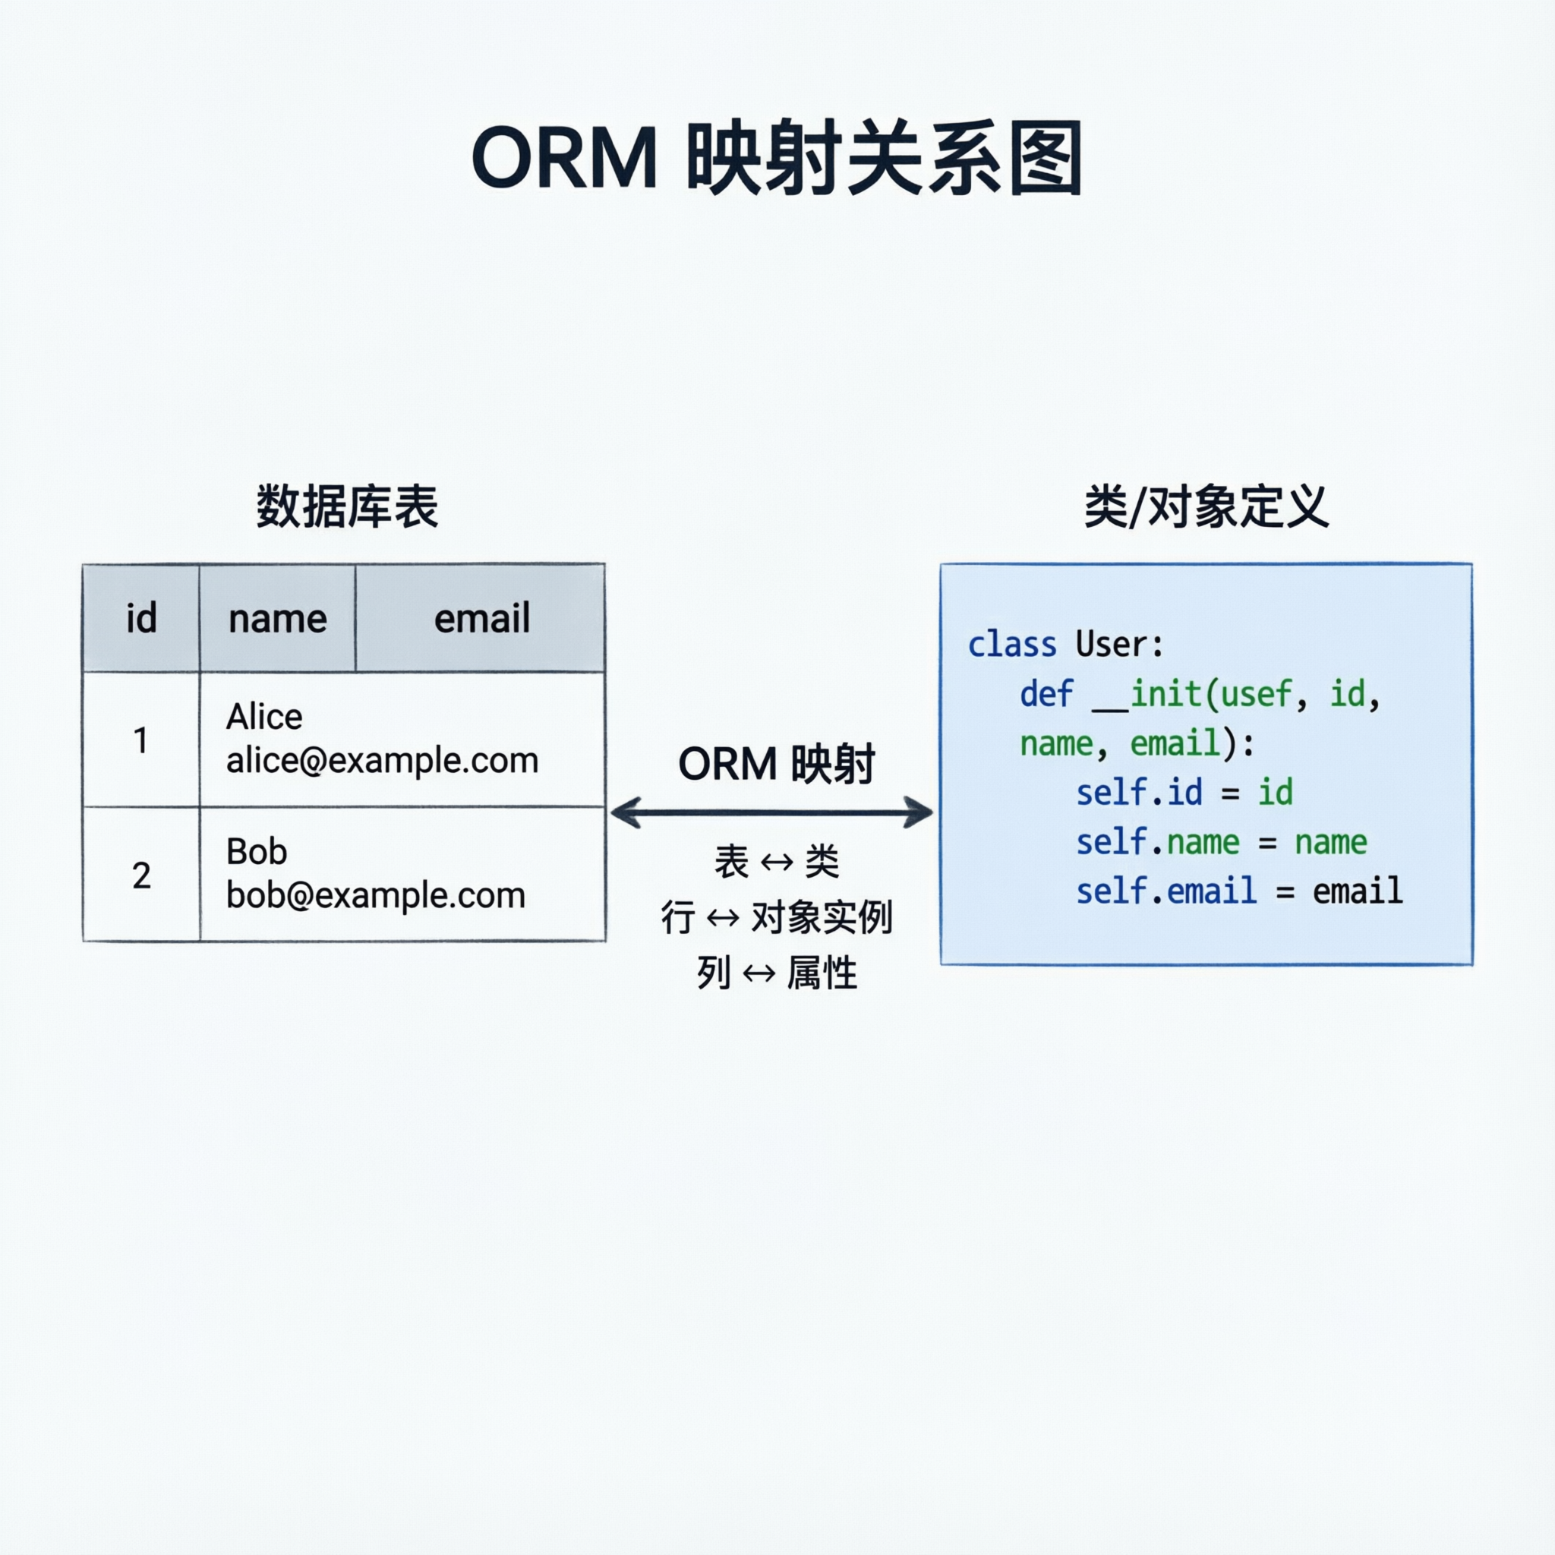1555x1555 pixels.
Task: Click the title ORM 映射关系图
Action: (777, 159)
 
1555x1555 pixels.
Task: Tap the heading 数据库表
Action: (347, 507)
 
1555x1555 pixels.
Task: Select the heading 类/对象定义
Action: (1206, 507)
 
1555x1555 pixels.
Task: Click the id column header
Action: (141, 618)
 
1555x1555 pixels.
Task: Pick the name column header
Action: (278, 619)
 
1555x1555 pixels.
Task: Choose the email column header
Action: (481, 619)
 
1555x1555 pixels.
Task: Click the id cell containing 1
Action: (141, 740)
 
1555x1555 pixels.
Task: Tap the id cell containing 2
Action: (141, 875)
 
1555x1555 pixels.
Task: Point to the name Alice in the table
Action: (264, 716)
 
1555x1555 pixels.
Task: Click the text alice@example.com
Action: (381, 761)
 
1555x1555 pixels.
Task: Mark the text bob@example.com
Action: (375, 896)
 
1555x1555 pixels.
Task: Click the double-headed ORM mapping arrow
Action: (771, 812)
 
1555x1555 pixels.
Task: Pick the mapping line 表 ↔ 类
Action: (776, 862)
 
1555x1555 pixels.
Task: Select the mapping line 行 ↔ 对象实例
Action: (776, 917)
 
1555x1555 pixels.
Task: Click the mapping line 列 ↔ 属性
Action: (776, 973)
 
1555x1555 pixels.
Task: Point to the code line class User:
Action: (1065, 645)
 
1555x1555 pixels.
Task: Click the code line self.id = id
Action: (1184, 793)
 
